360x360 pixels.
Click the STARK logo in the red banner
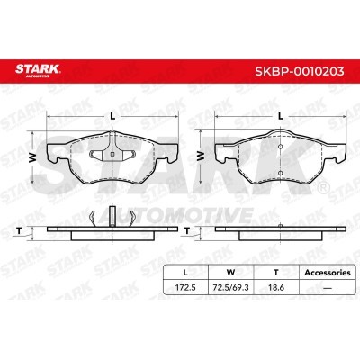[x=38, y=70]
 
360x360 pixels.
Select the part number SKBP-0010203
[x=299, y=71]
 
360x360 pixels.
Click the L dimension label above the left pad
[x=112, y=116]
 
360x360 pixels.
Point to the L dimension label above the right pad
[x=281, y=116]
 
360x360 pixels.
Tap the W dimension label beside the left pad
[x=32, y=157]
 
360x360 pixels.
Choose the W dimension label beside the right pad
[x=201, y=156]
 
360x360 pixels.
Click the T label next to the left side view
[x=19, y=230]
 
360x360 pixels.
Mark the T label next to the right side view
[x=187, y=230]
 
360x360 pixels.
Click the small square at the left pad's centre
[x=112, y=155]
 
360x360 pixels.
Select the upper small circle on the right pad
[x=281, y=147]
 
